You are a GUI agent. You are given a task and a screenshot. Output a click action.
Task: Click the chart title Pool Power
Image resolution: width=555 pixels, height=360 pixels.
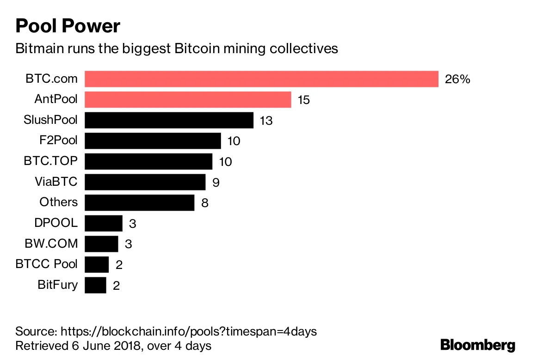point(68,26)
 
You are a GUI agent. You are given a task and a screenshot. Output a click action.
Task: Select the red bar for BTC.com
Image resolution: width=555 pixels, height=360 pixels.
point(261,79)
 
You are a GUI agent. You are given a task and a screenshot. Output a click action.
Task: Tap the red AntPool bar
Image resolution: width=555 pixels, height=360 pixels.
point(188,99)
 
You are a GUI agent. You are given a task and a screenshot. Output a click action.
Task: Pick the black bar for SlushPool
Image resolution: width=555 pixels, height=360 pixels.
point(169,120)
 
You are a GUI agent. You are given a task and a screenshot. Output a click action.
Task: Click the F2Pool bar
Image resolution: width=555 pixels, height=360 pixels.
point(153,140)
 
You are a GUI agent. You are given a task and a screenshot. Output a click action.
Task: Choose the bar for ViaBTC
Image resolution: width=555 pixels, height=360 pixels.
point(145,182)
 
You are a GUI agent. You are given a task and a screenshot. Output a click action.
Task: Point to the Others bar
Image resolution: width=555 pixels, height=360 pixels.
point(139,202)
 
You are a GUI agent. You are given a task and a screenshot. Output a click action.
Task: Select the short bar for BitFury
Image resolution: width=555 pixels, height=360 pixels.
point(95,285)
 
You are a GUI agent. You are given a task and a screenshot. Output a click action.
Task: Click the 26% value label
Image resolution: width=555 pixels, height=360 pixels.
point(457,79)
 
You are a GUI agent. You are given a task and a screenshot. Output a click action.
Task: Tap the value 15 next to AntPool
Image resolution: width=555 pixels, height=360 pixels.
point(303,100)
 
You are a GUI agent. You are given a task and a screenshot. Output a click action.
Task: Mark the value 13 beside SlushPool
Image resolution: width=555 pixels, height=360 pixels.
point(266,121)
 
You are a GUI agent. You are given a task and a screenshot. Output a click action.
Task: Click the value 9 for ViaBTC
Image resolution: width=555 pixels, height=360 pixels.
point(216,182)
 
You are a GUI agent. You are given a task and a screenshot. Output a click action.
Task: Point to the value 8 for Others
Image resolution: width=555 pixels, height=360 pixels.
point(205,203)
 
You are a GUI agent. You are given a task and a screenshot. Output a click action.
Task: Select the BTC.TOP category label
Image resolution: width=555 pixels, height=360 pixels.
point(51,161)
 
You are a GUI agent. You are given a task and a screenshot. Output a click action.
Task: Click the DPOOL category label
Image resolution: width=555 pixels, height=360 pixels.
point(56,223)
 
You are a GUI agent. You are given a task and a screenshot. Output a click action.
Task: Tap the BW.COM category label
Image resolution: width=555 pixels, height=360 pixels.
point(51,244)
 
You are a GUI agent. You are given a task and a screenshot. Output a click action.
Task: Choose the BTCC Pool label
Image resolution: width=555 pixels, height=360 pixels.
point(47,264)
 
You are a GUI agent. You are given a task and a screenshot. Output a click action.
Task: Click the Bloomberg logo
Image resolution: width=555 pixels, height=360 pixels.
point(478,345)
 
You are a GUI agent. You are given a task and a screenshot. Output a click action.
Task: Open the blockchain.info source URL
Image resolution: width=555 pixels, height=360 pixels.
point(189,331)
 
